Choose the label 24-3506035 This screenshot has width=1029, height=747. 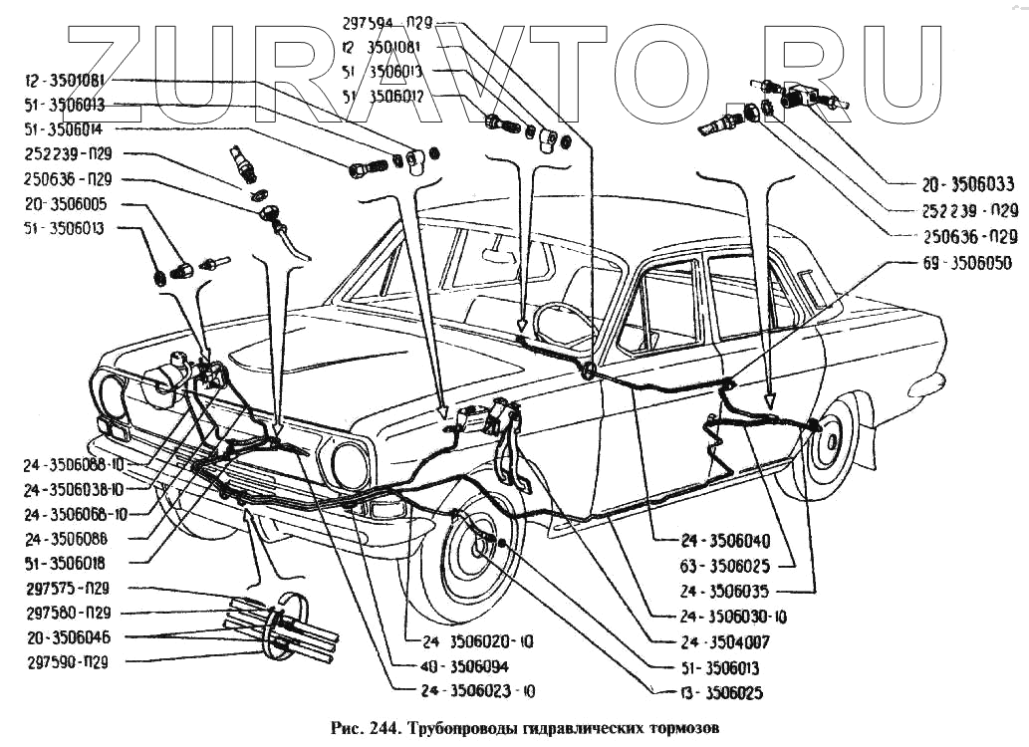coord(724,590)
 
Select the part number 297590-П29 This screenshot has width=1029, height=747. coord(68,660)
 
